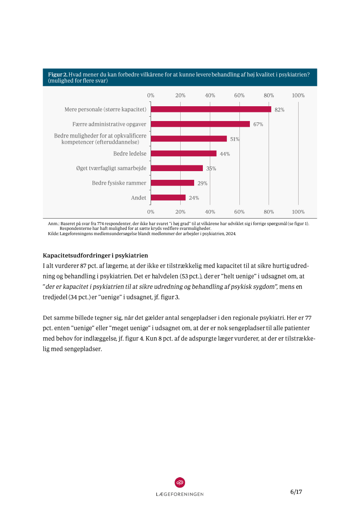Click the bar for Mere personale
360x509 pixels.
point(211,109)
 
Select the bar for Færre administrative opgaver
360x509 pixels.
point(200,124)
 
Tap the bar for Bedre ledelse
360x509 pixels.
point(183,153)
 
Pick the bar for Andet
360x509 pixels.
point(168,198)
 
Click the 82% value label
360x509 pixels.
point(279,110)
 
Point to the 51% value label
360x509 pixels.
point(235,139)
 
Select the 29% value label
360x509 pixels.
point(202,183)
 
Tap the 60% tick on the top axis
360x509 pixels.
point(239,95)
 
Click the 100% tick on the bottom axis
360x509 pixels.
point(298,212)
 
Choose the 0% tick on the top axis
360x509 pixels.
point(151,95)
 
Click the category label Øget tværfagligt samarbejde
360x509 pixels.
point(111,168)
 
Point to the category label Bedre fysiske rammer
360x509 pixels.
point(119,183)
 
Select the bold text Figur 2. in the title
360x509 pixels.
point(57,74)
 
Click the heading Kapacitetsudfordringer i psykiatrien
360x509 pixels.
point(96,255)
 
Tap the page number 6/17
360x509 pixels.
point(296,492)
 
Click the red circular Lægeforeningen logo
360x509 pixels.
point(180,482)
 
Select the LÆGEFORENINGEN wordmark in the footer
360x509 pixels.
point(180,494)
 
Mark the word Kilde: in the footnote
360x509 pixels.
point(53,234)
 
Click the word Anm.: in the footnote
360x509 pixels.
point(53,223)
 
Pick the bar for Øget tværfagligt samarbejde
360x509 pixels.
point(177,168)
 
